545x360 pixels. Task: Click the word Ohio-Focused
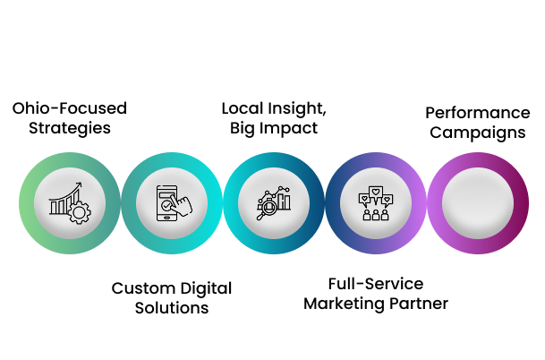pyautogui.click(x=69, y=108)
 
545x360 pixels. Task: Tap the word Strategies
pyautogui.click(x=69, y=128)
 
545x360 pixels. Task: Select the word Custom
pyautogui.click(x=140, y=288)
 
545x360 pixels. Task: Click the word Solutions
pyautogui.click(x=171, y=308)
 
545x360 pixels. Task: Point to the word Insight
pyautogui.click(x=294, y=109)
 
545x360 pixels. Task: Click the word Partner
pyautogui.click(x=420, y=304)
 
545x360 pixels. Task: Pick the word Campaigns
pyautogui.click(x=477, y=133)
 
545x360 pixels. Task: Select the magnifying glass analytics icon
pyautogui.click(x=273, y=202)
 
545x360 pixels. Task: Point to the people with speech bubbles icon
pyautogui.click(x=375, y=203)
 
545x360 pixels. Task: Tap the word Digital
pyautogui.click(x=202, y=288)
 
